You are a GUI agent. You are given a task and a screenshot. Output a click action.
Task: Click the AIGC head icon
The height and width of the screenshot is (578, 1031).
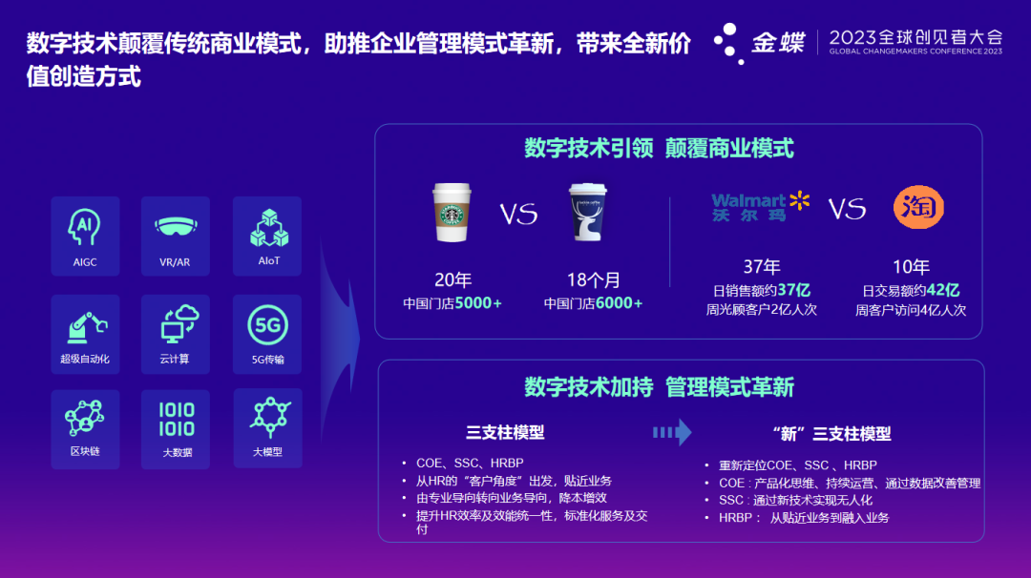pos(84,227)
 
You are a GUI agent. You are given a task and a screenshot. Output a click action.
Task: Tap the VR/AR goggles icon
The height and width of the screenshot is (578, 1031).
pos(176,227)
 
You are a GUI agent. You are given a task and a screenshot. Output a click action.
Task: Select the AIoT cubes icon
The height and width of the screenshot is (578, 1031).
pos(269,228)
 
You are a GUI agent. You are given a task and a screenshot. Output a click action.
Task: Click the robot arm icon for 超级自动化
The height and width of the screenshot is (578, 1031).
pos(86,327)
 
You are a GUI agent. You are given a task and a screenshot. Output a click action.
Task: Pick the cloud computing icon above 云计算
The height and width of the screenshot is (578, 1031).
pos(179,323)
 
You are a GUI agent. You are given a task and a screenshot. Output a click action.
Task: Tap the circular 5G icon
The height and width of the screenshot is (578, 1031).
pos(267,325)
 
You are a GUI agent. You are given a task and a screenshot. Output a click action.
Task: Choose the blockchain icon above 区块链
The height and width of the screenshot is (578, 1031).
pos(85,418)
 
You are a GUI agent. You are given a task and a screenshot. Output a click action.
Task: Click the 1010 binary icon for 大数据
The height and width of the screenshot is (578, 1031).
pos(177,420)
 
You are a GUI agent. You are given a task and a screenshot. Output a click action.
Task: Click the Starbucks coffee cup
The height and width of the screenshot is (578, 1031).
pos(452,212)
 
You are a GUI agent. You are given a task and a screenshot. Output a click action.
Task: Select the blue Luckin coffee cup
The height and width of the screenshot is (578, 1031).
pos(587,212)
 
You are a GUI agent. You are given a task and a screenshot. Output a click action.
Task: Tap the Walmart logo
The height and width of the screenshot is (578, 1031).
pos(760,207)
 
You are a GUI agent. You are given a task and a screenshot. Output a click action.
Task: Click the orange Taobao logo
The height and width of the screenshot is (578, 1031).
pos(918,208)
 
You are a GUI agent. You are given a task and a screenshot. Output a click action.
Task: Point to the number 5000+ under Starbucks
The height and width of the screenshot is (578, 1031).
pos(478,303)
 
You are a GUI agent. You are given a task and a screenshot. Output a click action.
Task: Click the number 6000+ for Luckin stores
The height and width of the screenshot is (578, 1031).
pos(619,303)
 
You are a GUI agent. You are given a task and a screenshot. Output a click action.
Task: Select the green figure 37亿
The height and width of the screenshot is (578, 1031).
pos(793,290)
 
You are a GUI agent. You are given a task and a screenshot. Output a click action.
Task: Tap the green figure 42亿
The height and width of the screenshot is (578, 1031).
pos(943,290)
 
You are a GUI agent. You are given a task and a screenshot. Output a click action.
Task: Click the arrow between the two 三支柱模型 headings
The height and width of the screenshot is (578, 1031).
pos(672,432)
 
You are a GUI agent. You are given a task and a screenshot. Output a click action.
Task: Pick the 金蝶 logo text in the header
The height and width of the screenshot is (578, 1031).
pos(778,43)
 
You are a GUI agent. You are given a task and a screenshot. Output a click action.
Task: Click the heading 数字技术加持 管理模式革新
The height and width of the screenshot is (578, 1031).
pos(659,387)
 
